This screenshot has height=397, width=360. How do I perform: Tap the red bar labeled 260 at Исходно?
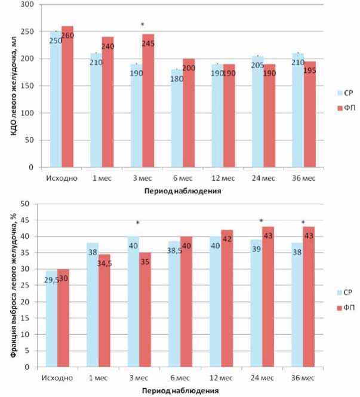pyautogui.click(x=67, y=99)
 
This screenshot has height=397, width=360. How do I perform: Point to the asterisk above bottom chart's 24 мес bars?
pyautogui.click(x=261, y=221)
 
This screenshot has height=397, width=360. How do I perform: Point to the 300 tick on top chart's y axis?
pyautogui.click(x=27, y=5)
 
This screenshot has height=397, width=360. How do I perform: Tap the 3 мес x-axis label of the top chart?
pyautogui.click(x=140, y=178)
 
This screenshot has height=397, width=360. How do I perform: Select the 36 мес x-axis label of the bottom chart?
pyautogui.click(x=304, y=378)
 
